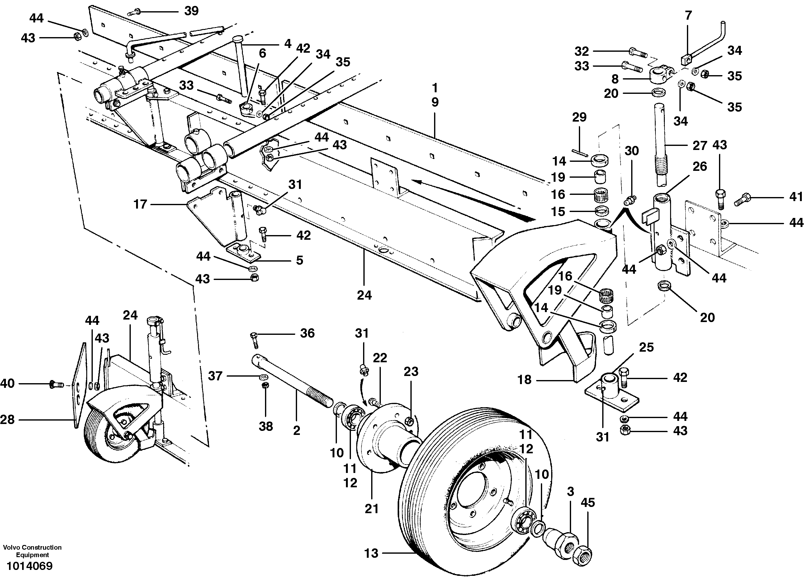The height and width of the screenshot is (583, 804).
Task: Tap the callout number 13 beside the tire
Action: click(x=371, y=553)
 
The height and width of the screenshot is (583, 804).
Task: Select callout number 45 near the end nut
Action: click(x=588, y=503)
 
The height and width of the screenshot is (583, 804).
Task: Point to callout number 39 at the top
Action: click(x=192, y=11)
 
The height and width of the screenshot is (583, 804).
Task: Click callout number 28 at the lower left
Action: click(x=7, y=419)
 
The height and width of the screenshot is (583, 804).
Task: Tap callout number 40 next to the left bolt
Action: click(x=7, y=383)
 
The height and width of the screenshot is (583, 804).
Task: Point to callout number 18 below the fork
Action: click(x=525, y=380)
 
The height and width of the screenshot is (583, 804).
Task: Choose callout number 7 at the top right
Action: click(x=688, y=16)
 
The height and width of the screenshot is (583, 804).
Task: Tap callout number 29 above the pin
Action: click(x=579, y=117)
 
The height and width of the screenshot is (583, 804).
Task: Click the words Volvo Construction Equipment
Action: click(x=32, y=551)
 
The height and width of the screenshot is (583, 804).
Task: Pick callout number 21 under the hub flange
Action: click(x=371, y=509)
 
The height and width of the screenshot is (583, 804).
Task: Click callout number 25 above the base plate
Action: click(x=646, y=347)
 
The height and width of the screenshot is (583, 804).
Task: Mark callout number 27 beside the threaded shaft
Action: click(x=700, y=145)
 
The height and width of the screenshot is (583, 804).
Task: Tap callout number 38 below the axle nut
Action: click(x=266, y=426)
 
